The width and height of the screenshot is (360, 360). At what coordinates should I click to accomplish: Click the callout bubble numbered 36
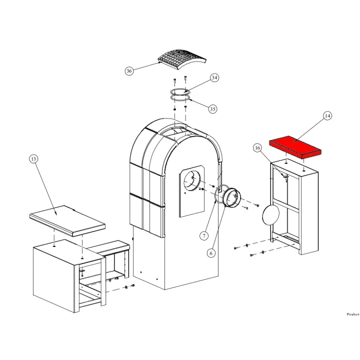[129, 71]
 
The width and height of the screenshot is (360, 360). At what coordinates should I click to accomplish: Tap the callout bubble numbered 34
[214, 77]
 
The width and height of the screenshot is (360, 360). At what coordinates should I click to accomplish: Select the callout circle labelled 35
[213, 109]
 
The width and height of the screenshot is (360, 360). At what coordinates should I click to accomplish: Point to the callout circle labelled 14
[327, 115]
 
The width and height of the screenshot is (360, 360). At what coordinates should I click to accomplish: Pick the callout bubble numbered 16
[257, 148]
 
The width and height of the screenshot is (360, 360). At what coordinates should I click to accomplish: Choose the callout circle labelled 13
[33, 159]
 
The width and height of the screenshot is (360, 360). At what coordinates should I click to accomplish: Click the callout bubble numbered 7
[204, 235]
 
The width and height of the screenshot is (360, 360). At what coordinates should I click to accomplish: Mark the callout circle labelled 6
[211, 253]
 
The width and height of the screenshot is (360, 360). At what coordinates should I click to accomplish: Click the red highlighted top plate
[295, 147]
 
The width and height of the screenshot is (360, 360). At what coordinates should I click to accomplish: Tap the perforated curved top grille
[182, 59]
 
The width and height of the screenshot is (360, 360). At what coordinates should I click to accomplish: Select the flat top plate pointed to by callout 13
[67, 220]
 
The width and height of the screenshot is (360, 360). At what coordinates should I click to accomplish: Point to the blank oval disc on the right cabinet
[271, 214]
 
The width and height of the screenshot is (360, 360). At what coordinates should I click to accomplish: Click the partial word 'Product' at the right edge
[353, 314]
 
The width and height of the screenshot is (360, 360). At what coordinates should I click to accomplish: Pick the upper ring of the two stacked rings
[180, 91]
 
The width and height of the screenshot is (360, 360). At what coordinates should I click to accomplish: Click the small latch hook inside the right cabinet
[285, 177]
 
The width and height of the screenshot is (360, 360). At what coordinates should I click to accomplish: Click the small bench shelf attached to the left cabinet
[109, 247]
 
